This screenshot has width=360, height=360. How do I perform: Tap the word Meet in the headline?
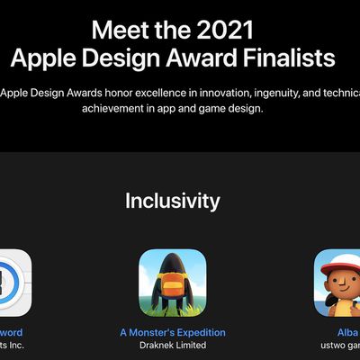(x=122, y=28)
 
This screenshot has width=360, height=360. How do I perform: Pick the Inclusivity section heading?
(x=172, y=200)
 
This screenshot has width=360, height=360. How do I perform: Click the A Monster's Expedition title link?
(x=173, y=332)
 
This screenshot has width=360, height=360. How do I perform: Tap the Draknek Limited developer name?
(x=173, y=346)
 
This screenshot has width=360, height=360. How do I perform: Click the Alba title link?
(x=347, y=332)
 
